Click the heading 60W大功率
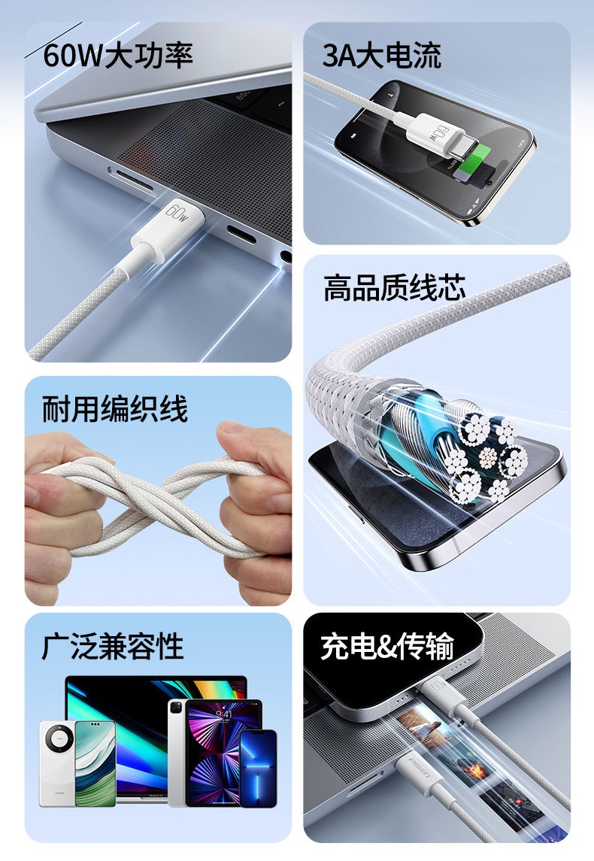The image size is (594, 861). pyautogui.click(x=118, y=56)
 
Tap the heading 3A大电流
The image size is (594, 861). pyautogui.click(x=381, y=56)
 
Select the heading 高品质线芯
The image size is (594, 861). pyautogui.click(x=395, y=288)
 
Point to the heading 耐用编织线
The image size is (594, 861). pyautogui.click(x=115, y=408)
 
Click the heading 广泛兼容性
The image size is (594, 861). pyautogui.click(x=113, y=646)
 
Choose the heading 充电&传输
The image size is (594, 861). pyautogui.click(x=387, y=646)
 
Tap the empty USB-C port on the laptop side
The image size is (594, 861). pyautogui.click(x=241, y=235)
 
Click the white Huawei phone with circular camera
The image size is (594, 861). pyautogui.click(x=57, y=764)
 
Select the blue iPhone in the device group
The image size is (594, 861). pyautogui.click(x=258, y=769)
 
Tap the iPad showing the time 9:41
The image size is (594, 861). pyautogui.click(x=223, y=752)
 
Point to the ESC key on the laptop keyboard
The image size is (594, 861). pyautogui.click(x=243, y=96)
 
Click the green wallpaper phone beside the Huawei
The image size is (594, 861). pyautogui.click(x=95, y=764)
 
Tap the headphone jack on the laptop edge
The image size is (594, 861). pyautogui.click(x=286, y=256)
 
